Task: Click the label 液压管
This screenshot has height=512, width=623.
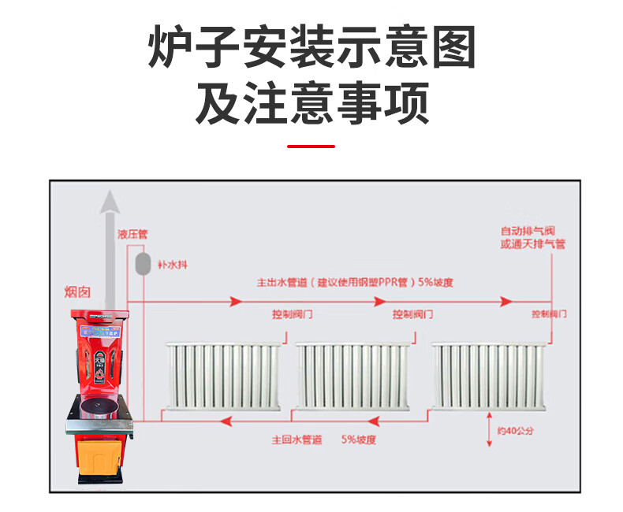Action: coord(132,234)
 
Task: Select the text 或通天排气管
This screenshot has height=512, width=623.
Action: coord(532,244)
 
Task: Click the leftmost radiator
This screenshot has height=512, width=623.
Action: coord(223,377)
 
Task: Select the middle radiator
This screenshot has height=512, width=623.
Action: coord(353,377)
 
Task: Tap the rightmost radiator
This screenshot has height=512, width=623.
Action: coord(488,377)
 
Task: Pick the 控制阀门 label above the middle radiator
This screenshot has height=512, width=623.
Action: coord(413,314)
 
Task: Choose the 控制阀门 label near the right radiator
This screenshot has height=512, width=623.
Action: coord(549,314)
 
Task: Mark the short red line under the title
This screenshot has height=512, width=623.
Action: coord(311,146)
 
